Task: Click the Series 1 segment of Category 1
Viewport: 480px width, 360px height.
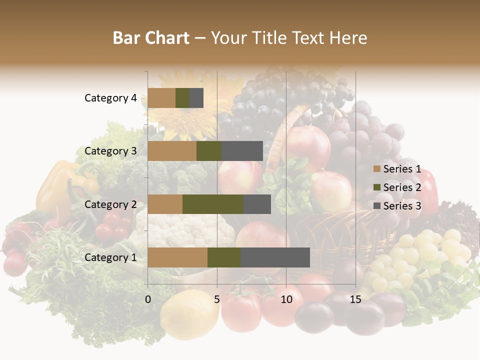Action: point(177,257)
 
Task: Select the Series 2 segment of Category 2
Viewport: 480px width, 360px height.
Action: point(213,204)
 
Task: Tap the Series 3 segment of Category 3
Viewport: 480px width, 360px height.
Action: point(242,151)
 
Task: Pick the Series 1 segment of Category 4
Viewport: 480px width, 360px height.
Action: point(161,98)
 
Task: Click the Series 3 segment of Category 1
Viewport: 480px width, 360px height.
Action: point(275,257)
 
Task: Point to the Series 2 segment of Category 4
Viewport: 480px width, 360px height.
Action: point(182,98)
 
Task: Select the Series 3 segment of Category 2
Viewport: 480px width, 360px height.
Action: point(257,204)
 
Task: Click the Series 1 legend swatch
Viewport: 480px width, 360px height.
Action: point(376,169)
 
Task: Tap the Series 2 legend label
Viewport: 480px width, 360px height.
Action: point(402,187)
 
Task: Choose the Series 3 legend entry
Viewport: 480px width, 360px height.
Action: point(397,206)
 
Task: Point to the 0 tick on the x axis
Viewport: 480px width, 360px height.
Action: point(148,299)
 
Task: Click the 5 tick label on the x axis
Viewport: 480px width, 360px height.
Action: point(217,299)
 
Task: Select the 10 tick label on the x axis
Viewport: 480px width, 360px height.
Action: point(286,299)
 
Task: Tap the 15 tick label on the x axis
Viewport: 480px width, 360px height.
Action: point(355,299)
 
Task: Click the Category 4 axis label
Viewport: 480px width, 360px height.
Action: point(110,98)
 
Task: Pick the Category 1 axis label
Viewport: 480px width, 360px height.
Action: point(110,257)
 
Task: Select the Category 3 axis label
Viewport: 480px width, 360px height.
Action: point(110,151)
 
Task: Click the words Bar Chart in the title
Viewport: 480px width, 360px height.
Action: point(150,38)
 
